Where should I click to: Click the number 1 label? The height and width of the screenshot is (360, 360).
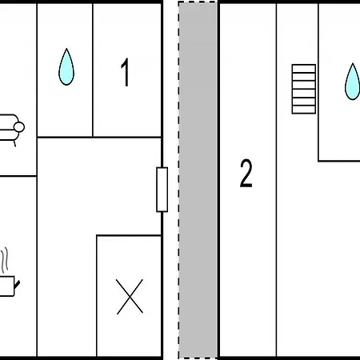[125, 72]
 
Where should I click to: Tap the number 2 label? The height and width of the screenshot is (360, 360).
[246, 174]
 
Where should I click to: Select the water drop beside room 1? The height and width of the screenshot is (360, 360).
[66, 66]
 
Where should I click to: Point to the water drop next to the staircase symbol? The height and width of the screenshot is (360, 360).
[353, 82]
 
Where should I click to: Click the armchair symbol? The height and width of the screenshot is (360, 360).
[10, 129]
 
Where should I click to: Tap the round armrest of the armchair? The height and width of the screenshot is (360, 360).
[19, 127]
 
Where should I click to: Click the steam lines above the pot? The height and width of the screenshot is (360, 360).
[5, 260]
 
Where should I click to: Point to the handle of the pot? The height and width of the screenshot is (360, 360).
[17, 284]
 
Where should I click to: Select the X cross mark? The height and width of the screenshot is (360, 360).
[130, 297]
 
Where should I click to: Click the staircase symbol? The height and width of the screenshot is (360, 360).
[304, 89]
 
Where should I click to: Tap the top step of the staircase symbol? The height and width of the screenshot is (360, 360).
[304, 69]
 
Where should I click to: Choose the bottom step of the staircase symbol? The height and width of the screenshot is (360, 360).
[304, 110]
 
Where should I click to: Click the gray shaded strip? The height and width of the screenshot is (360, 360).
[198, 180]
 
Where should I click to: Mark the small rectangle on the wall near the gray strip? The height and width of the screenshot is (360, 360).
[162, 190]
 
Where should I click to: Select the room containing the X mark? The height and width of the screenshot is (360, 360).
[129, 296]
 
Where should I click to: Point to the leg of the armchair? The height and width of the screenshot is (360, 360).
[15, 143]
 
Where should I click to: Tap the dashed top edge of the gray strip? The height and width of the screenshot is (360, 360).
[198, 2]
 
